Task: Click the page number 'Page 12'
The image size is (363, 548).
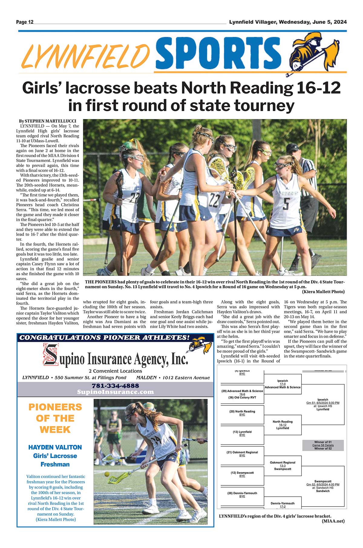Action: [25, 22]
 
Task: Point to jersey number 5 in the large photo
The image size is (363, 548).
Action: [286, 204]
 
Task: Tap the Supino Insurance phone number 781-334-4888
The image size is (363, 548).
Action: [115, 386]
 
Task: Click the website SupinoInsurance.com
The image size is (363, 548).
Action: [115, 392]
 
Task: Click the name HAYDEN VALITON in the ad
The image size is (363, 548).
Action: [55, 447]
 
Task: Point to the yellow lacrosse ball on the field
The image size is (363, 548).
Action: [107, 474]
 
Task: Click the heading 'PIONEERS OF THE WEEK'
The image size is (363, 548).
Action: [55, 418]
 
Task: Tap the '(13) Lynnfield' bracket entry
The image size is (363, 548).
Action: [242, 432]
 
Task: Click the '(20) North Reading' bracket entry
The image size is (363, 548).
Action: [242, 411]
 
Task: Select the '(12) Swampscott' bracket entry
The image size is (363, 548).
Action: [242, 473]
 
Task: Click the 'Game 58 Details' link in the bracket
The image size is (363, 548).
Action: [323, 446]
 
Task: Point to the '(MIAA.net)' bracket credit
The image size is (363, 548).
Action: [333, 521]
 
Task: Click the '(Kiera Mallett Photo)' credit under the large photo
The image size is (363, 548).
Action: [323, 292]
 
